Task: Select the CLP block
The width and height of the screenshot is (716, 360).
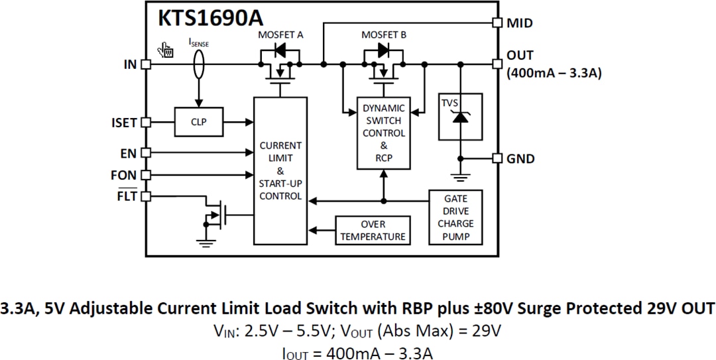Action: pyautogui.click(x=198, y=122)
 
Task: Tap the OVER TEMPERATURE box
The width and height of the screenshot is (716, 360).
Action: pyautogui.click(x=373, y=230)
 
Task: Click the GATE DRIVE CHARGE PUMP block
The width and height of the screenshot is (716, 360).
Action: pyautogui.click(x=455, y=217)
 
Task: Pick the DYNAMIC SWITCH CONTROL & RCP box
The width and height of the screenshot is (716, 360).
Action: pyautogui.click(x=383, y=133)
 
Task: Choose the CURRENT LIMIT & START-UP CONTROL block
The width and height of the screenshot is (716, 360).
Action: pyautogui.click(x=280, y=171)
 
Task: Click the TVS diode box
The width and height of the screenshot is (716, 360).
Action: pyautogui.click(x=458, y=117)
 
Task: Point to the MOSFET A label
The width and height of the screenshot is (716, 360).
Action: pyautogui.click(x=280, y=34)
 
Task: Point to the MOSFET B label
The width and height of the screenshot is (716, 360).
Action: pyautogui.click(x=384, y=34)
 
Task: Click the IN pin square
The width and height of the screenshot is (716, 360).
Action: pyautogui.click(x=146, y=64)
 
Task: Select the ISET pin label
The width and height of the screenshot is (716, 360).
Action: pyautogui.click(x=124, y=123)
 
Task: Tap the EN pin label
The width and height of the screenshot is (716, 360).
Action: pyautogui.click(x=128, y=153)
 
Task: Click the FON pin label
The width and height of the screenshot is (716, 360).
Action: pyautogui.click(x=124, y=175)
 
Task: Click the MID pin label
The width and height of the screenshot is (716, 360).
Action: pyautogui.click(x=520, y=23)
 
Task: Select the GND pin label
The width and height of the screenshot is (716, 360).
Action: pyautogui.click(x=520, y=158)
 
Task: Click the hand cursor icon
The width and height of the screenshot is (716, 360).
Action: pyautogui.click(x=165, y=50)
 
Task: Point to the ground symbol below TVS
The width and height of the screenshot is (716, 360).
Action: pyautogui.click(x=458, y=176)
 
